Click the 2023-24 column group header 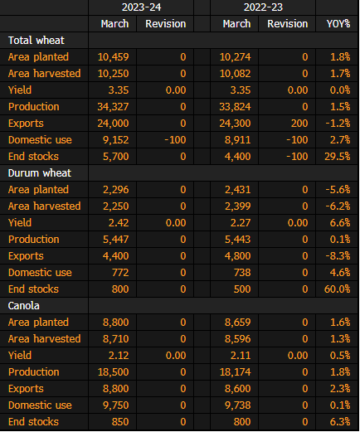pos(141,7)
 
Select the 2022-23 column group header pos(263,7)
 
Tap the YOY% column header pos(338,24)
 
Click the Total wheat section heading pos(36,41)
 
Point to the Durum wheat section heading pos(40,173)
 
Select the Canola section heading pos(24,306)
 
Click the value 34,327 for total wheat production pos(113,107)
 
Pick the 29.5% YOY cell pos(338,157)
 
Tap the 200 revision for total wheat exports pos(299,124)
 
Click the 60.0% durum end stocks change pos(338,289)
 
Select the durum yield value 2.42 pos(119,223)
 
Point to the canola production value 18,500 pos(113,372)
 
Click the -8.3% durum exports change pos(338,256)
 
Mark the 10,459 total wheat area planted pos(113,57)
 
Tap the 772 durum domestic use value pos(120,273)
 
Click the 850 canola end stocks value pos(120,422)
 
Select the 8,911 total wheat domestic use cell pos(238,140)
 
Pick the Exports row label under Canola pos(26,389)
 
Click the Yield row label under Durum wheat pos(20,223)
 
